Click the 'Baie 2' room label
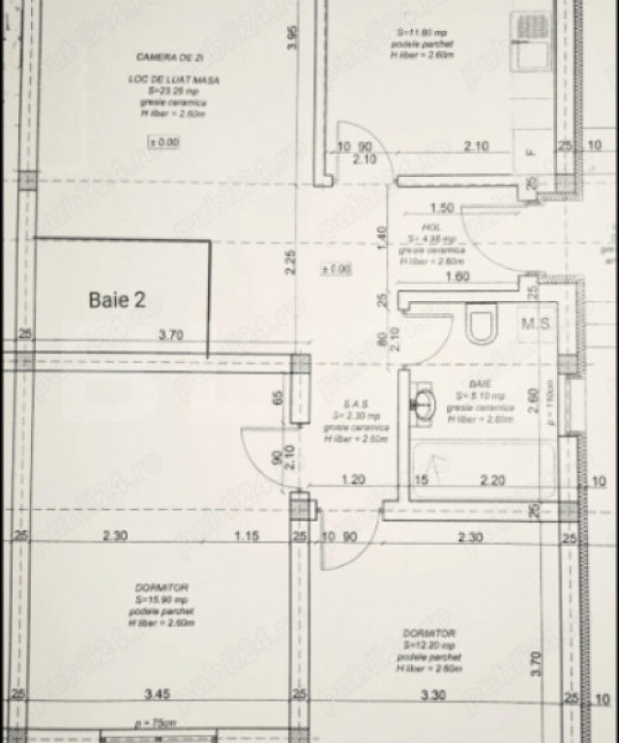coord(117,300)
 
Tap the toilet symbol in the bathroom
coord(481,324)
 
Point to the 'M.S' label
coord(536,324)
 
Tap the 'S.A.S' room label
coord(356,403)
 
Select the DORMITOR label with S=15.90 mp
coord(162,587)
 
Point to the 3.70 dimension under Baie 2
coord(171,336)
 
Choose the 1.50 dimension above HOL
coord(441,208)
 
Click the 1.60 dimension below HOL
coord(457,277)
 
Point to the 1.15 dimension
coord(248,537)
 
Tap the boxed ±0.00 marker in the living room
coord(162,142)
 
